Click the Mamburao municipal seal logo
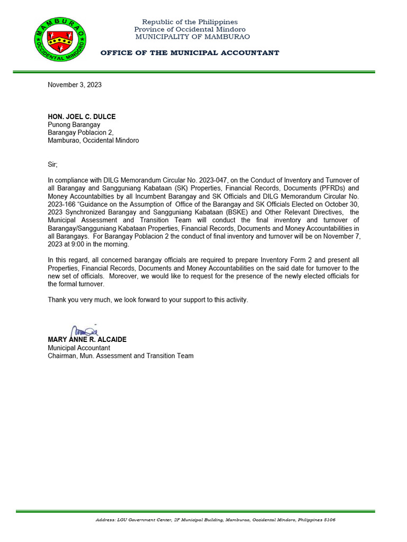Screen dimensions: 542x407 60,39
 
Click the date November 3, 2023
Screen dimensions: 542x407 75,85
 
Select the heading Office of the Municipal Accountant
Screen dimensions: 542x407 189,53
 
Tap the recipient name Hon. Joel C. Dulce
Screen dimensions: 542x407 82,116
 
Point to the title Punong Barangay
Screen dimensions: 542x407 74,125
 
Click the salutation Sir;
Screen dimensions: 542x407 52,165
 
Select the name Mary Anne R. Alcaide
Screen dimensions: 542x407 87,339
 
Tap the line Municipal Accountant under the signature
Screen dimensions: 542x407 79,348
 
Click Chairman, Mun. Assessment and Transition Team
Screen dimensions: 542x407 120,356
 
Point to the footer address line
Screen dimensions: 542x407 215,520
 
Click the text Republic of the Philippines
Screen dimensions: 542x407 190,22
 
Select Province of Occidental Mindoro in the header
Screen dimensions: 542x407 190,29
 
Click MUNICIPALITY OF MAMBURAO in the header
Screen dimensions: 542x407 192,37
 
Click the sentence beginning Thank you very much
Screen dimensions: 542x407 148,300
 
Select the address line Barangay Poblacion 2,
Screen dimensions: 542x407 81,133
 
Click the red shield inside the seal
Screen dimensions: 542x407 60,37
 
